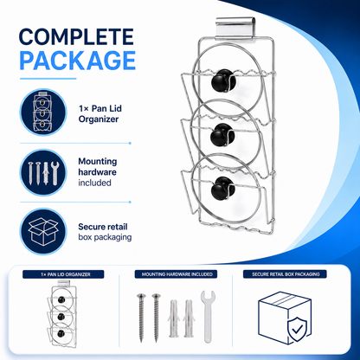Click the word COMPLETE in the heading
coord(76,37)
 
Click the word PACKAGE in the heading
coord(78,61)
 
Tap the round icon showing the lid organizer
coord(43,112)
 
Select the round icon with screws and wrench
coord(43,172)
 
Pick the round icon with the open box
coord(43,232)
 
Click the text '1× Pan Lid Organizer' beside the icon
coord(100,113)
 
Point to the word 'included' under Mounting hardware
coord(94,183)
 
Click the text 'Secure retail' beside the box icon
coord(103,227)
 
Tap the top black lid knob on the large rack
coord(223,80)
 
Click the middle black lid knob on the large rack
coord(222,135)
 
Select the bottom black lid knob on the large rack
coord(223,189)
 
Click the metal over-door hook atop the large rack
coord(235,28)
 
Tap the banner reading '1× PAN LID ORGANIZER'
coord(63,274)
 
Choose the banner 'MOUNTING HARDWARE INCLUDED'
coord(176,274)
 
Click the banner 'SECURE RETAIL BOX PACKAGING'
coord(285,274)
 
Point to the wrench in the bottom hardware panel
coord(208,316)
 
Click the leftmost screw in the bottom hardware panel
coord(141,318)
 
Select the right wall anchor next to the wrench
coord(189,318)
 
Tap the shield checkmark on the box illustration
coord(298,329)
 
